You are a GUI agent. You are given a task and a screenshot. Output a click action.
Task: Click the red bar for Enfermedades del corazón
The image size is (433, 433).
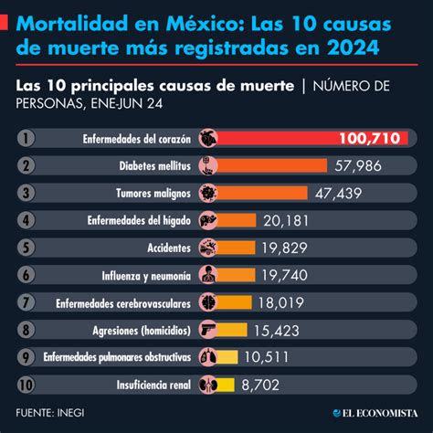pyautogui.click(x=274, y=139)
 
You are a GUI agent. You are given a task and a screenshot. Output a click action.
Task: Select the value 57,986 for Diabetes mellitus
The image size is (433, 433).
pyautogui.click(x=358, y=166)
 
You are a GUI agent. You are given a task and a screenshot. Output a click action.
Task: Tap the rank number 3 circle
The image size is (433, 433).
pyautogui.click(x=26, y=193)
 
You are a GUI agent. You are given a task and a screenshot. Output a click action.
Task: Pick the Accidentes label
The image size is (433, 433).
pyautogui.click(x=169, y=248)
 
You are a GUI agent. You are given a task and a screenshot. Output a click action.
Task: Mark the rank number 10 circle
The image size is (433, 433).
pyautogui.click(x=26, y=385)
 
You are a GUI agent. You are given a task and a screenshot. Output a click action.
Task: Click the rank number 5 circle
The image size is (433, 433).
pyautogui.click(x=26, y=248)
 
